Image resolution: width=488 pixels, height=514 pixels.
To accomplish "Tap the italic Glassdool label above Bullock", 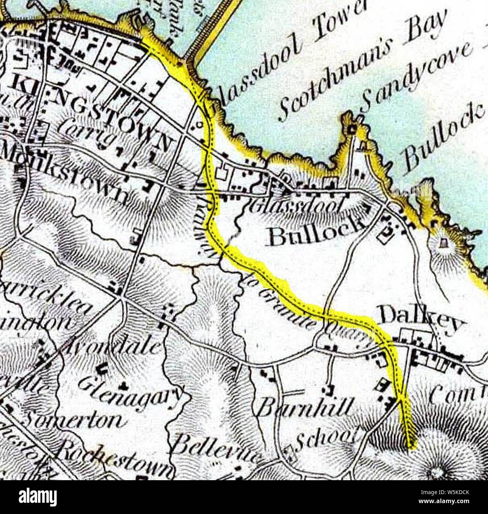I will tap(297, 206).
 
